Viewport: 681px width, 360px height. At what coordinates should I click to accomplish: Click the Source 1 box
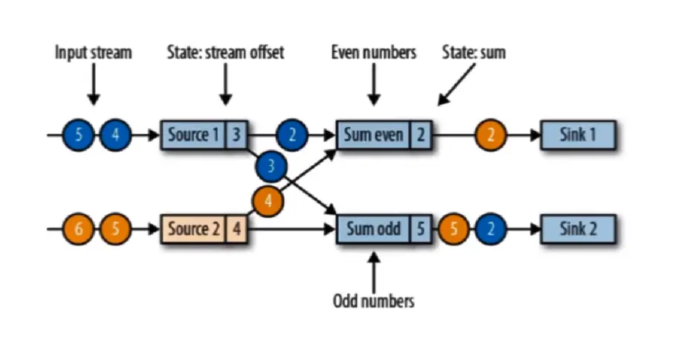[x=193, y=135]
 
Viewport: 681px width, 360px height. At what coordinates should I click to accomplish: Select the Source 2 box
[x=193, y=228]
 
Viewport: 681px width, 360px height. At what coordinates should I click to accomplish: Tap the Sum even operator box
[x=374, y=135]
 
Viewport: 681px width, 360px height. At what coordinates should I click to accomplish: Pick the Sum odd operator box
[x=375, y=228]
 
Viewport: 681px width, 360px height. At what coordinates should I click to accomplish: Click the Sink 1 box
[x=578, y=135]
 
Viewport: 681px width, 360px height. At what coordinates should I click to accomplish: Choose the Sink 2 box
[x=578, y=228]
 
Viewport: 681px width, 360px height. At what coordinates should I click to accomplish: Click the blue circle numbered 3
[x=271, y=167]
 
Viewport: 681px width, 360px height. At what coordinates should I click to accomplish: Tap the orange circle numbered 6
[x=80, y=229]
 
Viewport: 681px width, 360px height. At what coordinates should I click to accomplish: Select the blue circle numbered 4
[x=114, y=136]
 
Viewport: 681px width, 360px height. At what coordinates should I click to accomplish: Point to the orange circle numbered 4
[x=268, y=200]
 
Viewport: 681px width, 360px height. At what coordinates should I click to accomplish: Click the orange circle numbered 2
[x=491, y=136]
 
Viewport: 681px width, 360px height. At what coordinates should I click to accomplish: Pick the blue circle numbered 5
[x=80, y=136]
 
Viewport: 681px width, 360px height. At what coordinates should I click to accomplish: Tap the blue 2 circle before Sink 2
[x=490, y=229]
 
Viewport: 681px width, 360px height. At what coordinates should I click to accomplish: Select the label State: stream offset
[x=225, y=53]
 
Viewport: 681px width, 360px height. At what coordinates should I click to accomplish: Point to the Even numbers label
[x=373, y=53]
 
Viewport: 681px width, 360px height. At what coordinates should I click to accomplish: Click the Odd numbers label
[x=373, y=300]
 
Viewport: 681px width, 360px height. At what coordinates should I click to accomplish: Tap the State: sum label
[x=474, y=53]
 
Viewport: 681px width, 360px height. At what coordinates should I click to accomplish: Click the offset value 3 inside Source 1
[x=236, y=135]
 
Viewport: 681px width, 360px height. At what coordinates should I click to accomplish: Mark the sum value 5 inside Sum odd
[x=420, y=228]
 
